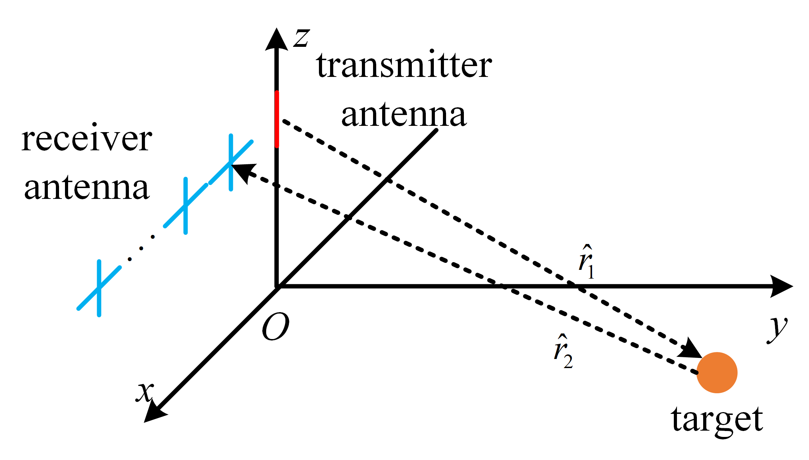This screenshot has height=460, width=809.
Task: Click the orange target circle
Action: pyautogui.click(x=717, y=373)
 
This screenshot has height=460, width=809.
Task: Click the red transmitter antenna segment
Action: pyautogui.click(x=277, y=119)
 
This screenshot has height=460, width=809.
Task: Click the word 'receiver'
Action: pyautogui.click(x=87, y=139)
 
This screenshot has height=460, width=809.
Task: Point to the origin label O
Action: pyautogui.click(x=276, y=326)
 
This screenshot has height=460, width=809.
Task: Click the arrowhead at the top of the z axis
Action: pyautogui.click(x=277, y=39)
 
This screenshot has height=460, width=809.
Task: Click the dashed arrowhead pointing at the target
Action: pyautogui.click(x=691, y=350)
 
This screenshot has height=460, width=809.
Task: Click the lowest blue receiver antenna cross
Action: pyautogui.click(x=99, y=288)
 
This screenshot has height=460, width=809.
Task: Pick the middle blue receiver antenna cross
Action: pyautogui.click(x=185, y=206)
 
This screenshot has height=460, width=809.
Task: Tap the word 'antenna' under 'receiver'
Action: pyautogui.click(x=87, y=188)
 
